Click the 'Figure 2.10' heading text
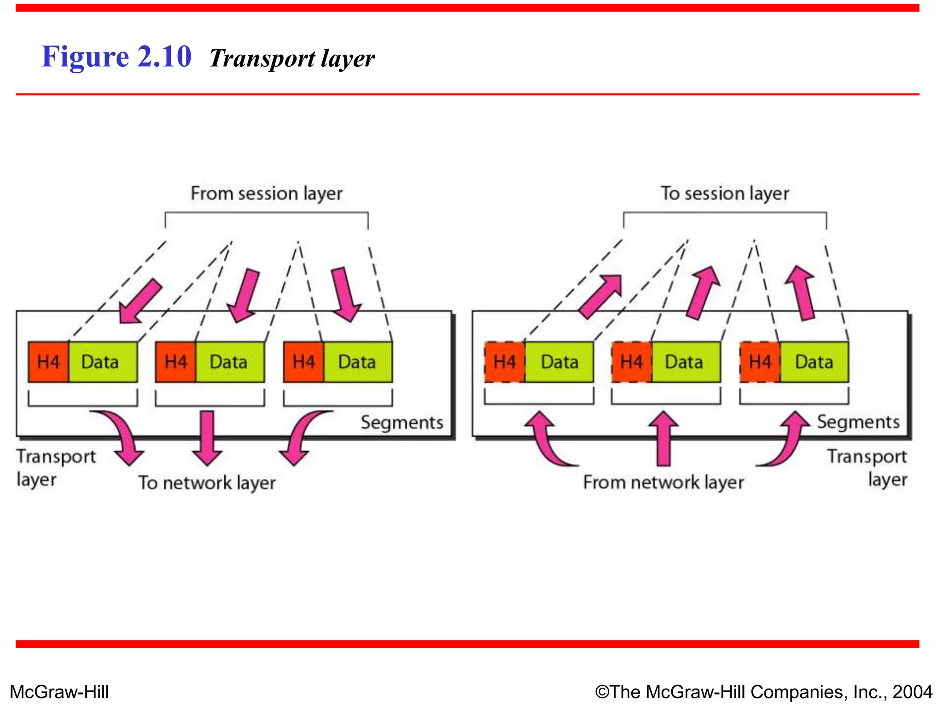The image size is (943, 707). [116, 57]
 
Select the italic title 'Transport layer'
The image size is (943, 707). [292, 59]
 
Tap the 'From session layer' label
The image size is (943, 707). [267, 193]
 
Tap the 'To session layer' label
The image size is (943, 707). [725, 193]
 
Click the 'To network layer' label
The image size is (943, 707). [207, 483]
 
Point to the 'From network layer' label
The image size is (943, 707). [663, 482]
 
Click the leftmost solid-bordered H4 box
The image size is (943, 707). [48, 362]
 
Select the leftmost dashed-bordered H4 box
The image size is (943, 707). [504, 362]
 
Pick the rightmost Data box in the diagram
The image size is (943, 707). [814, 362]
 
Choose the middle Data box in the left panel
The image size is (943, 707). [229, 362]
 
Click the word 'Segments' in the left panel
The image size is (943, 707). [402, 423]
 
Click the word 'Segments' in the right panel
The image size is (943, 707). [858, 422]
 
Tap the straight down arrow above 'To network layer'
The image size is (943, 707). [207, 437]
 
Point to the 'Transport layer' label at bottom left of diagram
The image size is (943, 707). [55, 467]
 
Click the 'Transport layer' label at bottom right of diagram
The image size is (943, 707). [867, 467]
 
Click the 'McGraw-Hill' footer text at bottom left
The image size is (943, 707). [59, 692]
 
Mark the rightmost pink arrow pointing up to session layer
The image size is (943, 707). [802, 293]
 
